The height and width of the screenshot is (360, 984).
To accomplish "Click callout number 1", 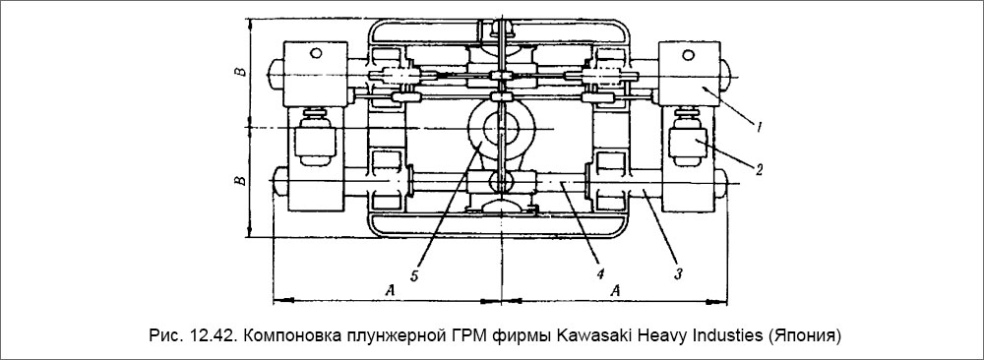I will (x=761, y=126).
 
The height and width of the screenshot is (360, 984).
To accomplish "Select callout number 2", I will (x=760, y=168).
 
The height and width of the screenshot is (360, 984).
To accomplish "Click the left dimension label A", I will (x=391, y=290).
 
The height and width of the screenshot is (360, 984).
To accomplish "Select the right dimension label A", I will (x=617, y=290).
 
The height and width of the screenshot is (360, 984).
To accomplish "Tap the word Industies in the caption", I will (x=730, y=334).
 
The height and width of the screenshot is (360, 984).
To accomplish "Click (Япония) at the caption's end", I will (x=808, y=334).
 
